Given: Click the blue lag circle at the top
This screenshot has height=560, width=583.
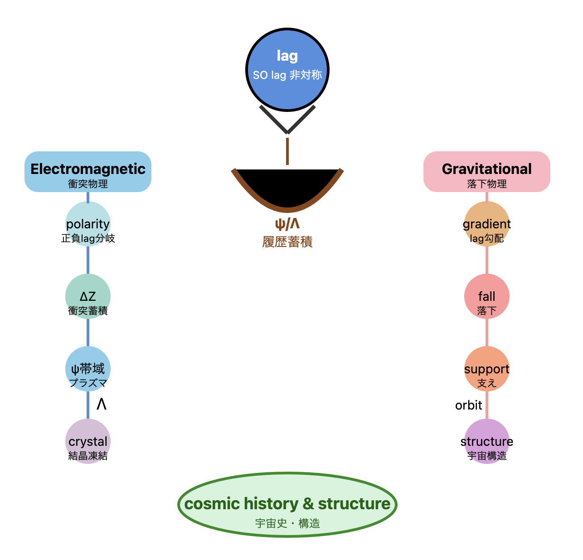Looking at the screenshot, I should point(287,70).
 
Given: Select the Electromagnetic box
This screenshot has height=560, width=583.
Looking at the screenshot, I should point(88,172).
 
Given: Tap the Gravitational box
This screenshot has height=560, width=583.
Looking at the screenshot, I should point(486,172).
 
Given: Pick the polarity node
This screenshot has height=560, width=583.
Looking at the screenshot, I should point(88,224).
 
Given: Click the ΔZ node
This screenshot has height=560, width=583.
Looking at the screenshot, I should point(88,296).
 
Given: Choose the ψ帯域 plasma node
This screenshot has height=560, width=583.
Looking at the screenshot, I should point(88,369).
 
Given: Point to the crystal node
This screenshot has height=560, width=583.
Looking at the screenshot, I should point(88,441).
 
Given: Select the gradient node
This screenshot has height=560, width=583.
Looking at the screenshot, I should point(486,224).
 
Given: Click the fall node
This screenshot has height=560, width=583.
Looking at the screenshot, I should point(486,296).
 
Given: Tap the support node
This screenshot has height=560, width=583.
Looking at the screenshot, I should point(486,369).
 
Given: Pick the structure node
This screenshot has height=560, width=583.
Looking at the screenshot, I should point(486,441).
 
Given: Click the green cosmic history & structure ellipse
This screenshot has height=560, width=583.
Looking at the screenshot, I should point(287,505).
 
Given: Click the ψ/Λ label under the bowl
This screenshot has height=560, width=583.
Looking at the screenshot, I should point(287,224).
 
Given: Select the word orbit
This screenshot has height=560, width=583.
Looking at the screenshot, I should point(468,405).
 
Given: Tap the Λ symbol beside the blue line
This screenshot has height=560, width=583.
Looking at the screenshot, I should point(102,404).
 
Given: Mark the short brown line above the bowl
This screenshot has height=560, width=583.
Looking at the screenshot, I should point(287,151).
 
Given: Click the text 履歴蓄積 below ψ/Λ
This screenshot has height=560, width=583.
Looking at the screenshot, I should point(287,241).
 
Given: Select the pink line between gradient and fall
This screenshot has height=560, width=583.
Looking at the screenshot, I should point(486,260).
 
